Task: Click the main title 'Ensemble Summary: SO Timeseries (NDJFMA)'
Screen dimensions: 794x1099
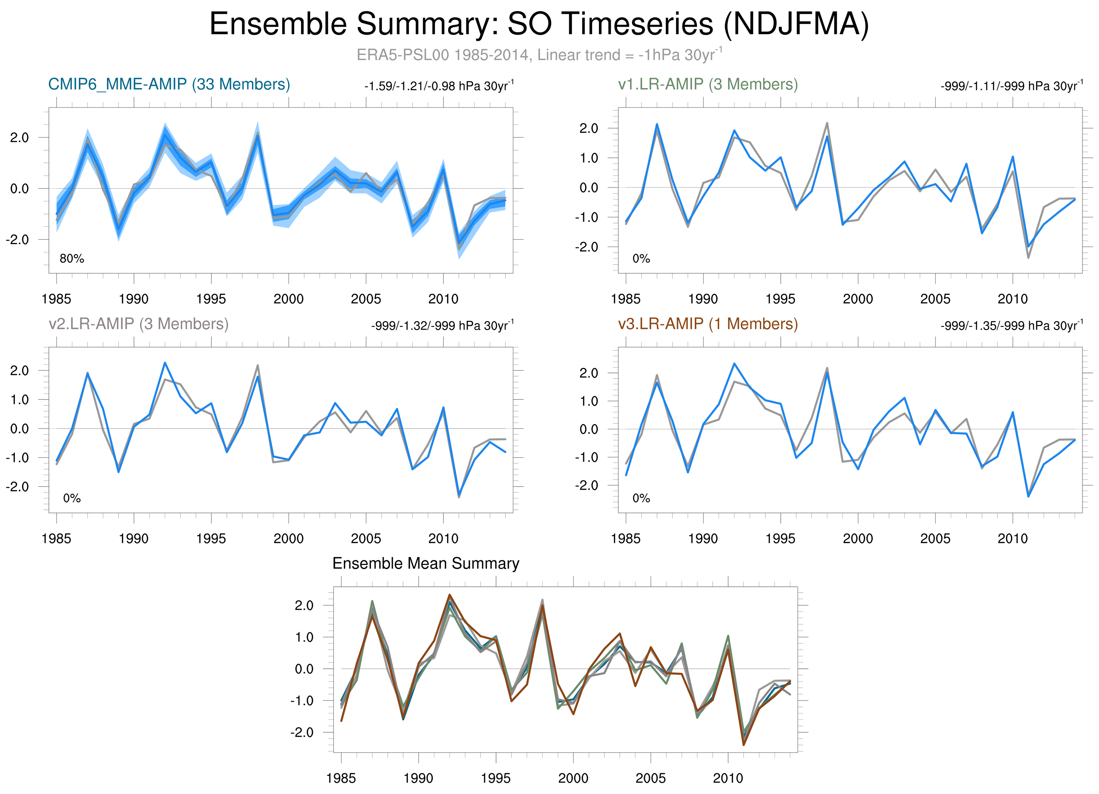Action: click(x=539, y=24)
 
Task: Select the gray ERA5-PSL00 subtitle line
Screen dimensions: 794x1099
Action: click(x=539, y=55)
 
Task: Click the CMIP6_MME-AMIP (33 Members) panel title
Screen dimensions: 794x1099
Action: click(x=169, y=84)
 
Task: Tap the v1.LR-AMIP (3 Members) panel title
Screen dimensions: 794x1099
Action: click(x=708, y=84)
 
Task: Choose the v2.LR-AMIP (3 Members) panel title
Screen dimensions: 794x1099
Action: click(x=139, y=324)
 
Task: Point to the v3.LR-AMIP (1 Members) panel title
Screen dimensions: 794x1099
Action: click(x=708, y=324)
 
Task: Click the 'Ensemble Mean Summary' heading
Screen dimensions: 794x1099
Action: click(x=425, y=564)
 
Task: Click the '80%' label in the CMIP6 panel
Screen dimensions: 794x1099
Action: click(x=72, y=259)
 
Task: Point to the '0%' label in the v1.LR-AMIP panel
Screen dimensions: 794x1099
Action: click(x=641, y=259)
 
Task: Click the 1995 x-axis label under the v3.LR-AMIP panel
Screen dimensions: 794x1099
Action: click(x=780, y=538)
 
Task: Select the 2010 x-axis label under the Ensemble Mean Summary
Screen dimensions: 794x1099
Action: click(x=728, y=778)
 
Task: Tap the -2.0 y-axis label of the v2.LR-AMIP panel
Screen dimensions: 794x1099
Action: click(x=18, y=486)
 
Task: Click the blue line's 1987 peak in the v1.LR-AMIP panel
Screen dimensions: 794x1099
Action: click(x=657, y=124)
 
